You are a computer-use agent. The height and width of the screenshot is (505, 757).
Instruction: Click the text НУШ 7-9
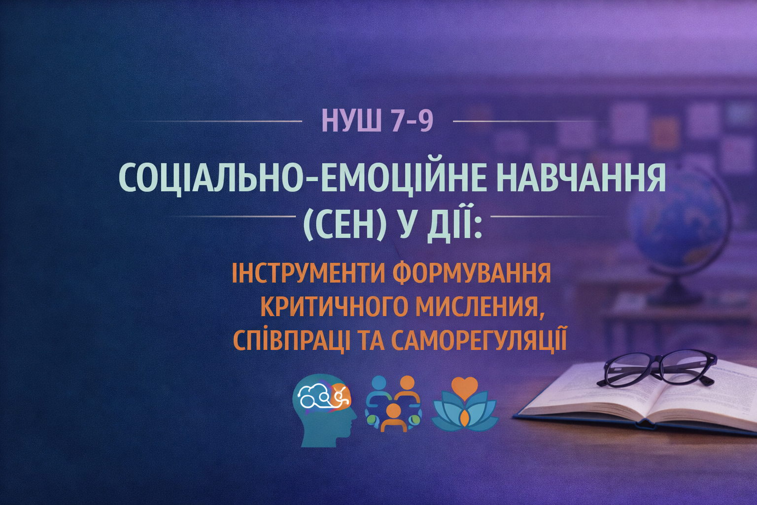coord(378,121)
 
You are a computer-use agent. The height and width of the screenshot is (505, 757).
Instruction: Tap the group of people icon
coord(393,403)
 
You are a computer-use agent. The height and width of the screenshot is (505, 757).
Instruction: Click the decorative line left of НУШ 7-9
coord(222,121)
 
